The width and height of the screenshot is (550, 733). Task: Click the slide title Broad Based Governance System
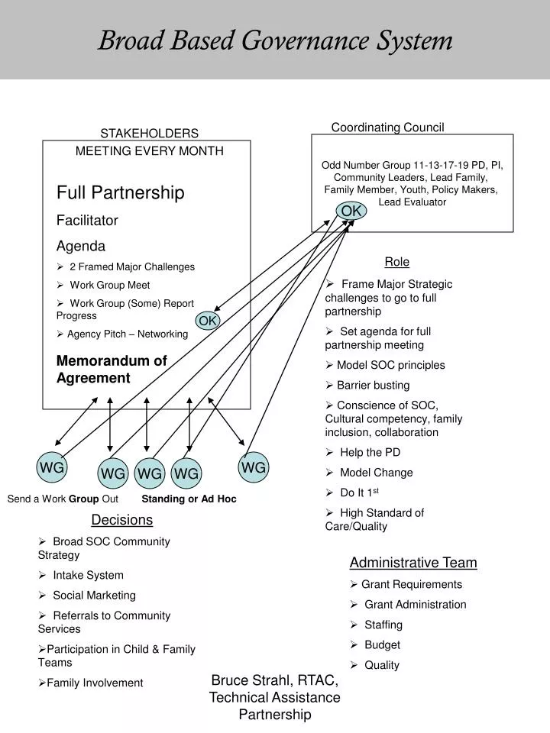pos(275,40)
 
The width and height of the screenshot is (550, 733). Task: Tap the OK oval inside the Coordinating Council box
pos(351,211)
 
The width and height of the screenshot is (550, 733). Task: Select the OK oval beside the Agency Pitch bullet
pos(208,321)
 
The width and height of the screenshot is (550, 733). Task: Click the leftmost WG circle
pos(51,467)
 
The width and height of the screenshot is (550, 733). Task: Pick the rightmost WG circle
pos(254,467)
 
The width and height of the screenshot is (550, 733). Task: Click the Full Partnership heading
pos(121,192)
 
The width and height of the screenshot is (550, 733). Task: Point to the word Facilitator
pos(88,221)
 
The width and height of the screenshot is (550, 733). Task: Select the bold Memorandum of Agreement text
pos(112,370)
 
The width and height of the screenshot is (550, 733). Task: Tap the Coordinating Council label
pos(387,128)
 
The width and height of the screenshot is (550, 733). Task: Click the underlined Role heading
pos(396,262)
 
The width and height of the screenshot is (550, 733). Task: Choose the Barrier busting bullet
pos(373,385)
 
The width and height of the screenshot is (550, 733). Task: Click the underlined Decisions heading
pos(121,520)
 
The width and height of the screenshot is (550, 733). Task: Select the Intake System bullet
pos(88,575)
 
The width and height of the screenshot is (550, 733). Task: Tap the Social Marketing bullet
pos(94,595)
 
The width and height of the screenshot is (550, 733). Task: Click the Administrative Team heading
pos(413,563)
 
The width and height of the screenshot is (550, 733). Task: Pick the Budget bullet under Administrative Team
pos(382,644)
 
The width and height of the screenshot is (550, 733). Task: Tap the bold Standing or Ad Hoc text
pos(189,499)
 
